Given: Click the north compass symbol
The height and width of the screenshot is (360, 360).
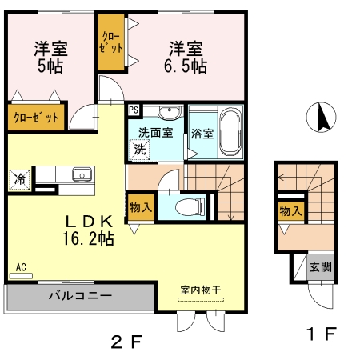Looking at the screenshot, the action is pyautogui.click(x=321, y=117).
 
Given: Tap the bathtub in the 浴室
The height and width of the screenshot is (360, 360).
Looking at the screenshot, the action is pyautogui.click(x=231, y=132).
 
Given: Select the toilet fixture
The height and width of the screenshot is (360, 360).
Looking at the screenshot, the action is pyautogui.click(x=190, y=206).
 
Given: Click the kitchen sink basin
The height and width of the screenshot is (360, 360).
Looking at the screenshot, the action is pyautogui.click(x=83, y=174).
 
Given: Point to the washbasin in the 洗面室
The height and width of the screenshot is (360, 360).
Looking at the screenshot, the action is pyautogui.click(x=170, y=113).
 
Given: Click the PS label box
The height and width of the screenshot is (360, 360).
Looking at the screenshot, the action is pyautogui.click(x=134, y=110).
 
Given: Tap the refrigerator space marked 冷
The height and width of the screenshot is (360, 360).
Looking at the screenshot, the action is pyautogui.click(x=20, y=179).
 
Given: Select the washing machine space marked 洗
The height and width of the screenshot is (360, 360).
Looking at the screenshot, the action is pyautogui.click(x=139, y=150).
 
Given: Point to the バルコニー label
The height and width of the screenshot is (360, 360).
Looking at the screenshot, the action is pyautogui.click(x=80, y=296).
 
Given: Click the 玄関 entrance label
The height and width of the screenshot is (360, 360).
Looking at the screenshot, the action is pyautogui.click(x=320, y=267).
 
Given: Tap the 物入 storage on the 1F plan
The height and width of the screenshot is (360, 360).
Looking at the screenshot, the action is pyautogui.click(x=291, y=211).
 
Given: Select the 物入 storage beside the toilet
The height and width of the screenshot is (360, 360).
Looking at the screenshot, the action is pyautogui.click(x=141, y=207).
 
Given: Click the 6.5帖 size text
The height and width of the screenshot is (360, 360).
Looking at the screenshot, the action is pyautogui.click(x=186, y=66).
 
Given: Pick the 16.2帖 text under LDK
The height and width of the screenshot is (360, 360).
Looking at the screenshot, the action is pyautogui.click(x=89, y=238).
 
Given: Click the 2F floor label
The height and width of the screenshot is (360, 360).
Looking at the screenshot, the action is pyautogui.click(x=127, y=342).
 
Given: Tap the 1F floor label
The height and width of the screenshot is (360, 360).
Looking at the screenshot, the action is pyautogui.click(x=321, y=334).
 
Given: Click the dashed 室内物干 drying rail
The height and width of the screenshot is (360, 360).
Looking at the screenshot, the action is pyautogui.click(x=201, y=299).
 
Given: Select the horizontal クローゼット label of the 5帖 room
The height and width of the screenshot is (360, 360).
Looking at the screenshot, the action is pyautogui.click(x=36, y=118).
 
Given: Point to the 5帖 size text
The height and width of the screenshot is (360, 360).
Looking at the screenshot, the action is pyautogui.click(x=50, y=66).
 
